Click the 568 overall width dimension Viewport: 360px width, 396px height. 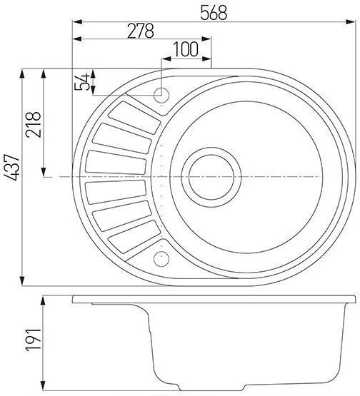tap(214, 13)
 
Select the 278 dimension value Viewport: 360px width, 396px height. tap(141, 31)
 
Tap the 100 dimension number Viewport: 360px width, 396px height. tap(186, 49)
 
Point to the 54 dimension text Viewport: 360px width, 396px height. tap(82, 82)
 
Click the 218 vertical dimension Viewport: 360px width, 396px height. tap(33, 124)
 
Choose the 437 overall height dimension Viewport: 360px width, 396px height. tap(11, 167)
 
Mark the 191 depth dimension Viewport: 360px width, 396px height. tap(33, 340)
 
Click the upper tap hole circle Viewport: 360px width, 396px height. tap(161, 95)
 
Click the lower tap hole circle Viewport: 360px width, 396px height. tap(161, 259)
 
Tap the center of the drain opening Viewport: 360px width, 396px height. tap(211, 177)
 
